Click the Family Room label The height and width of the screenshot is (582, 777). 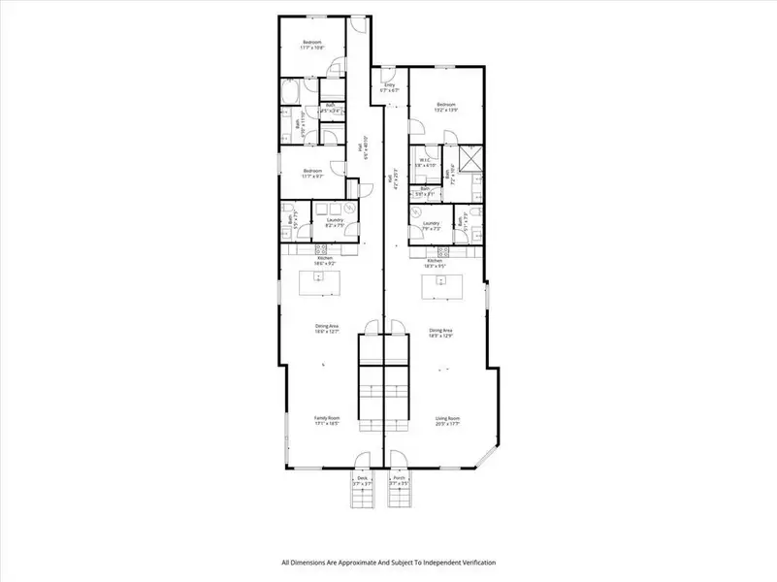(326, 420)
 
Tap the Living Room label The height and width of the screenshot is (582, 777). (446, 420)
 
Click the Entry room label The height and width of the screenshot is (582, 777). (390, 87)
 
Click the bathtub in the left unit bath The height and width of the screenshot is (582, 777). (290, 93)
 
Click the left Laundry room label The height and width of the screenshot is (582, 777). (335, 222)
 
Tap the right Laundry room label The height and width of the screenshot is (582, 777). (432, 226)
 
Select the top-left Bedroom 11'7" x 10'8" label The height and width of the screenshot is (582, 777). (312, 45)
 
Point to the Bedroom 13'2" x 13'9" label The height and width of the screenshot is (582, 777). (446, 107)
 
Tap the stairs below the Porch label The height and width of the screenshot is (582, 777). (400, 498)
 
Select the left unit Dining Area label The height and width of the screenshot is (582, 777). (326, 328)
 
